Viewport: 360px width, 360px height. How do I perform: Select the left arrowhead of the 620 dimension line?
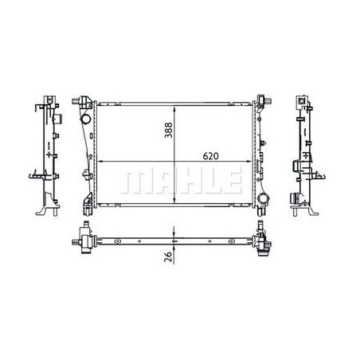click(x=96, y=162)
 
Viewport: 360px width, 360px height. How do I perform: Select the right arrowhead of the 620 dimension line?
click(x=252, y=162)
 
